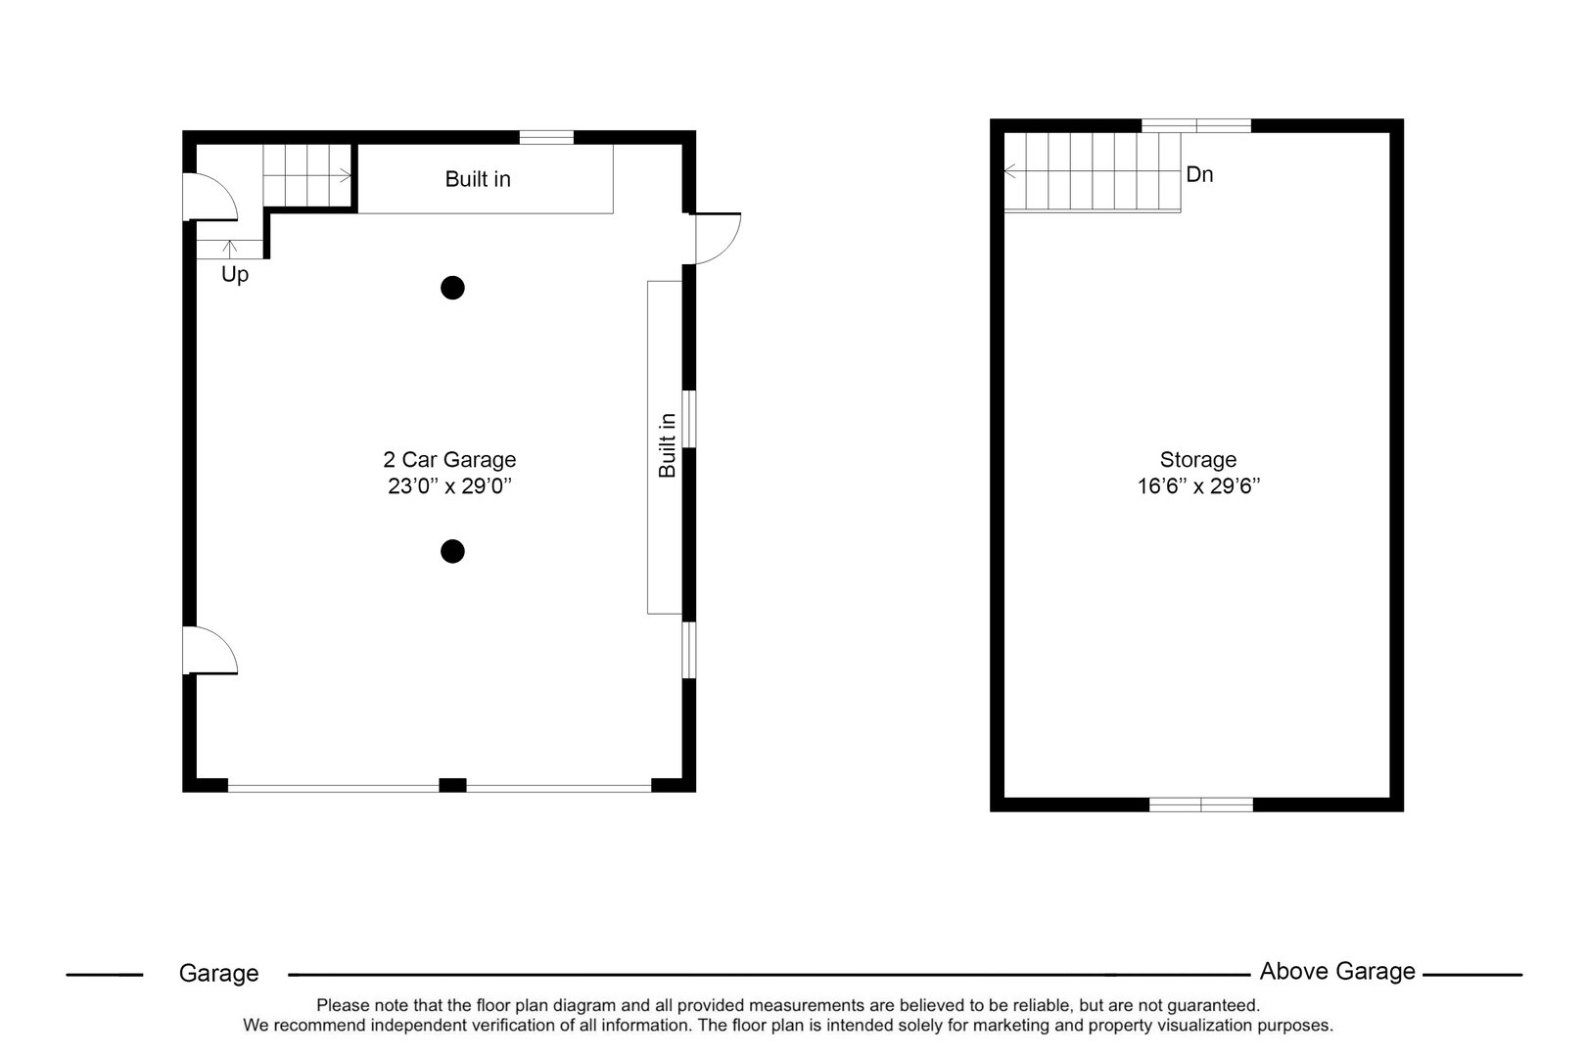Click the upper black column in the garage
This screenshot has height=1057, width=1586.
451,288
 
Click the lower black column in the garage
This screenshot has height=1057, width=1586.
451,552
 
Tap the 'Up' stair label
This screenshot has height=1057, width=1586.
235,275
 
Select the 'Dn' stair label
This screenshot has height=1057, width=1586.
1199,175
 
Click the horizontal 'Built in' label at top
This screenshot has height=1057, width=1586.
478,179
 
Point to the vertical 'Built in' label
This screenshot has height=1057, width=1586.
668,445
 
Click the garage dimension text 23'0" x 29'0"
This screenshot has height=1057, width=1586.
450,486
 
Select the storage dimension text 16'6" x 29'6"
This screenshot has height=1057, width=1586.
1198,486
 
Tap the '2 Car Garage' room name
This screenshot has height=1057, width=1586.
449,459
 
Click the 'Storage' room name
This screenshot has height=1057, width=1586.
1198,459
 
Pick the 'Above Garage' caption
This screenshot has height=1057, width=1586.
1337,971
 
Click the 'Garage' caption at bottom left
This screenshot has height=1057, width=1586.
218,973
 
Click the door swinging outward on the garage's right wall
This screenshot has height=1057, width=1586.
716,238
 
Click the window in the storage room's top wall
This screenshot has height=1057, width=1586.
1196,125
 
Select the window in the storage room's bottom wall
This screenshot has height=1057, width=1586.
1200,804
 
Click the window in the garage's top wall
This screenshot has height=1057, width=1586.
545,137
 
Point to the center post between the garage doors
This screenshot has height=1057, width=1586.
451,784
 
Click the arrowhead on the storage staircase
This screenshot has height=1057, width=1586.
1008,172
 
